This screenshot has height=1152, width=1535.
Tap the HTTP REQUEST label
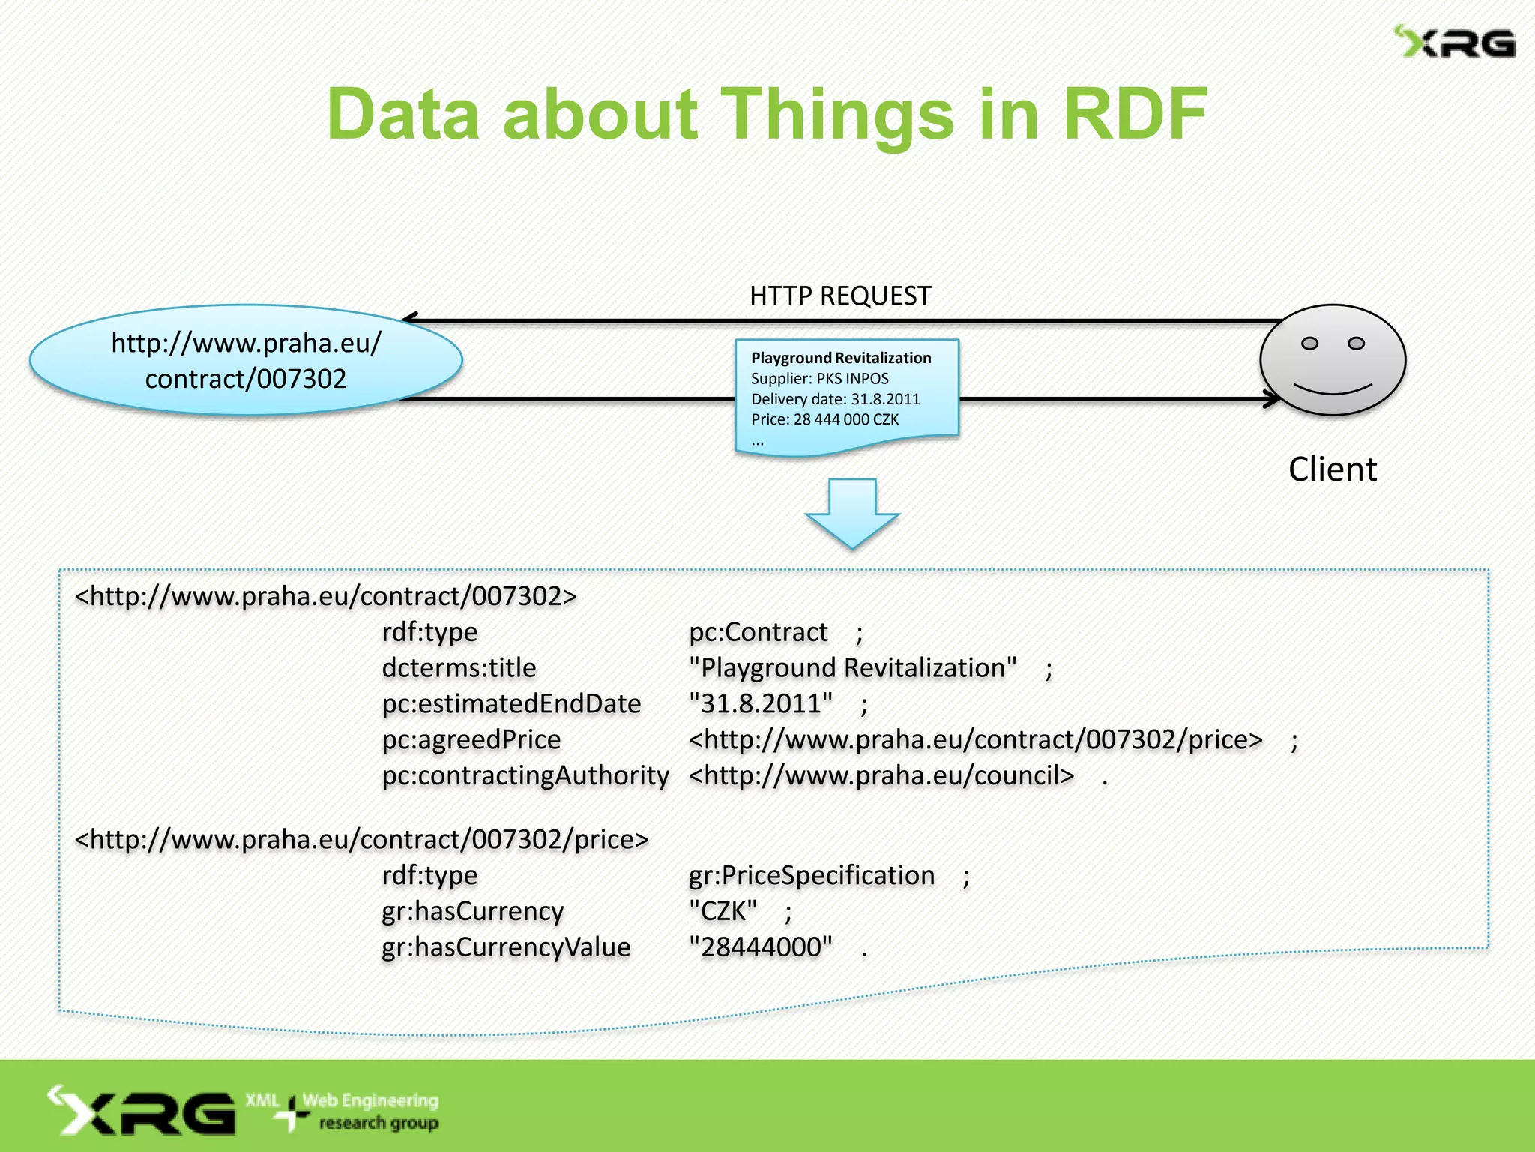pos(839,296)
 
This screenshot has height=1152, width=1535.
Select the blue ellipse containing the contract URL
pos(246,361)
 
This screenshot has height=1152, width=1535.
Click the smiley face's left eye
pos(1309,343)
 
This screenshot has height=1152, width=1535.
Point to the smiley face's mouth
pos(1333,389)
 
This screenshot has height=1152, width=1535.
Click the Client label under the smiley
pos(1332,470)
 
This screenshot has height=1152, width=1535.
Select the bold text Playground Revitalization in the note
pos(841,358)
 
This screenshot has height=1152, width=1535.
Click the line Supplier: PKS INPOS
pos(819,379)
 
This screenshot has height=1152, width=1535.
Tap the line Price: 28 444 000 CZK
pos(824,419)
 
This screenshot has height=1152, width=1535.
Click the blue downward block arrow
pos(852,513)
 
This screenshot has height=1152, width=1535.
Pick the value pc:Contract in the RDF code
pos(758,632)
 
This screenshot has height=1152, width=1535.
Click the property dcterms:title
pos(459,668)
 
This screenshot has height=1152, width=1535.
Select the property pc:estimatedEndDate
pos(511,704)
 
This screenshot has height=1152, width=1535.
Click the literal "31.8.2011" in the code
pos(760,704)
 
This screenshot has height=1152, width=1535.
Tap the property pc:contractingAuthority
pos(525,775)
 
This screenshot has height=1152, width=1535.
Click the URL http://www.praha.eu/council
pos(881,775)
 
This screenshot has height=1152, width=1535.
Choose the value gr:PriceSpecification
pos(811,876)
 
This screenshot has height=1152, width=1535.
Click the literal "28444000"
pos(760,947)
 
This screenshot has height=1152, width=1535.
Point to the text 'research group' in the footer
pos(379,1123)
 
